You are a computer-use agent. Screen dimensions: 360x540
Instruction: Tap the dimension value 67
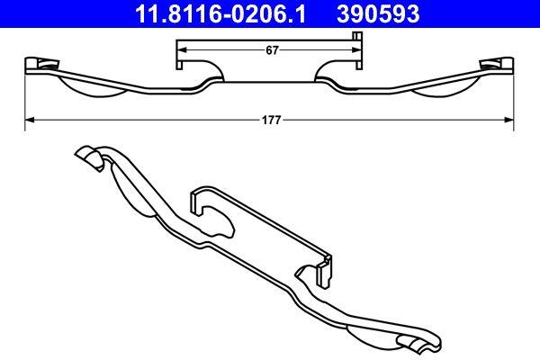pos(270,51)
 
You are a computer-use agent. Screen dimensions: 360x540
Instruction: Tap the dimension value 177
pos(269,118)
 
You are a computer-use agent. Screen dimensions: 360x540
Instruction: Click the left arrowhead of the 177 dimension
pos(29,118)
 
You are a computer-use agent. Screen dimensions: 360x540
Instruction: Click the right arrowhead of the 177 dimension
pos(510,118)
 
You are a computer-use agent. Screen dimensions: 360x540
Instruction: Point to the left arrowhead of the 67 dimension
pos(179,44)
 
